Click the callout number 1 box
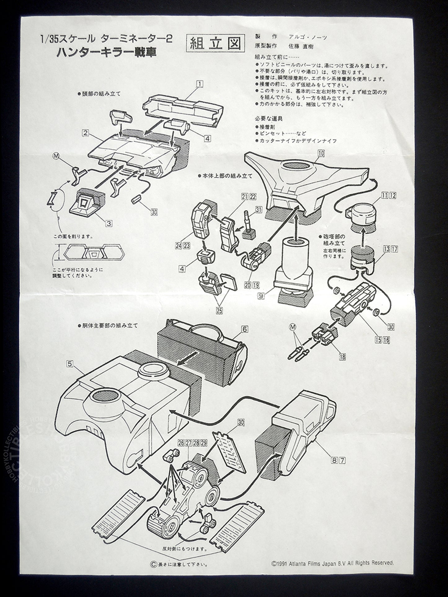point(200,83)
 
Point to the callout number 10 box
point(321,153)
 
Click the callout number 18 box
point(343,357)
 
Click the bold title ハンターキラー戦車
point(106,53)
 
